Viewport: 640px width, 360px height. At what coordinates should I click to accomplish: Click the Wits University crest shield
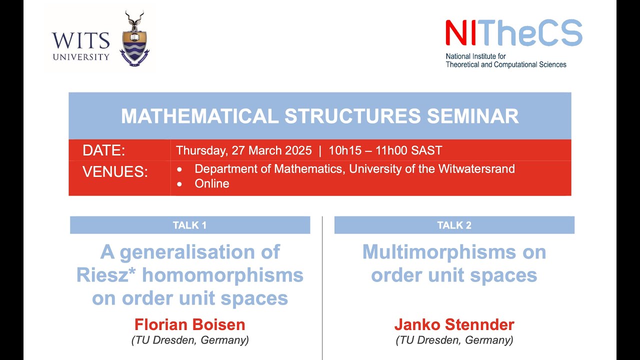click(x=134, y=47)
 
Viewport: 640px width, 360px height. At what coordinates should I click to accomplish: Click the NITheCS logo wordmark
click(x=513, y=33)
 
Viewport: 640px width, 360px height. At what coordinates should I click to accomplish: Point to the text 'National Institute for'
click(x=475, y=56)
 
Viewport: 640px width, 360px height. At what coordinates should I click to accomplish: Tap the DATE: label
click(x=104, y=150)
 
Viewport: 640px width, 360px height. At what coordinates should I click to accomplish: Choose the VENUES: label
click(x=115, y=172)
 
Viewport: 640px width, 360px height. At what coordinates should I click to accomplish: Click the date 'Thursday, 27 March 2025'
click(x=243, y=150)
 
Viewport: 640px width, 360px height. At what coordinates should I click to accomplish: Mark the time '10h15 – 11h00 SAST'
click(x=385, y=150)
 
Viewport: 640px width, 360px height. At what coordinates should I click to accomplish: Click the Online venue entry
click(x=212, y=183)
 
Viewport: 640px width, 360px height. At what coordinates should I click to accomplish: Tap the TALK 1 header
click(x=189, y=225)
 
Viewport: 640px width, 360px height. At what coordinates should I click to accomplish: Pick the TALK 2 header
click(x=454, y=225)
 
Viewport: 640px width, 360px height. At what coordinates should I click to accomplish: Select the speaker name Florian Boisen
click(x=190, y=325)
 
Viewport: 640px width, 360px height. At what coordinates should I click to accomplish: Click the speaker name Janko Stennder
click(x=454, y=325)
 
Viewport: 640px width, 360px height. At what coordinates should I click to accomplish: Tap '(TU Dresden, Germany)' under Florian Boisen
click(x=190, y=340)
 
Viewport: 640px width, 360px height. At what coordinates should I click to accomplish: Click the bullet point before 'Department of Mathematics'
click(x=179, y=169)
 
